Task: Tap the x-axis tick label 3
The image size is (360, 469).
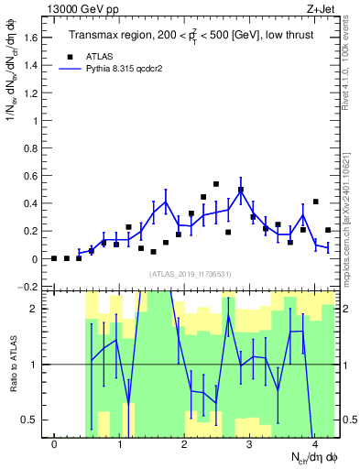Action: coord(249,444)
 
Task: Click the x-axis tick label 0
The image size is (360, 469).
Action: coord(54,444)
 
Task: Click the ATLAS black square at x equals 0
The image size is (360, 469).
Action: coord(54,258)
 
